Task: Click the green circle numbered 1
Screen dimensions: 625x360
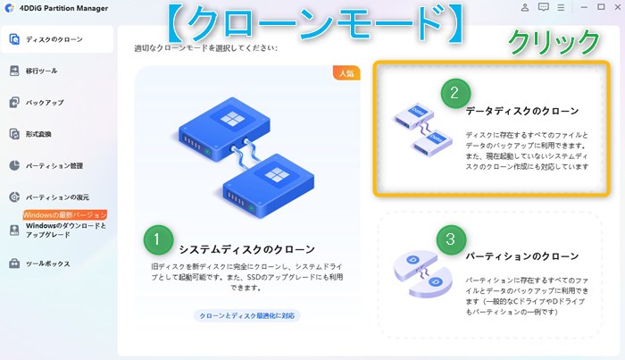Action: point(158,239)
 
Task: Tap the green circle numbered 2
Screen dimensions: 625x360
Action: point(455,93)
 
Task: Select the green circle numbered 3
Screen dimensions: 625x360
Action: point(451,239)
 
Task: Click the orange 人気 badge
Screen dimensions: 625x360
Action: point(346,73)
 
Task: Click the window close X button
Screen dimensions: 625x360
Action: point(617,7)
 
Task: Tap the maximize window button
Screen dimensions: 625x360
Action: point(601,7)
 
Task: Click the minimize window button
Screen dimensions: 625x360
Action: point(584,7)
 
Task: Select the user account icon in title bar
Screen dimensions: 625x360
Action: point(525,7)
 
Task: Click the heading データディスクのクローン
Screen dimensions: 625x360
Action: point(522,111)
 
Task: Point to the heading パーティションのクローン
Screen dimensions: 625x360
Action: point(522,256)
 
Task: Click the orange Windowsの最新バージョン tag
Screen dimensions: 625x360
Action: point(65,215)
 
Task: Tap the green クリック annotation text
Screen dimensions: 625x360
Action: point(554,42)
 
